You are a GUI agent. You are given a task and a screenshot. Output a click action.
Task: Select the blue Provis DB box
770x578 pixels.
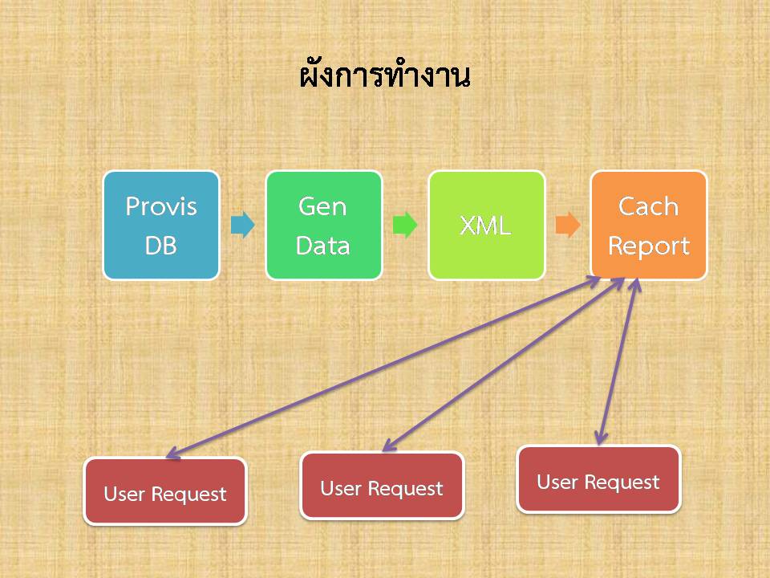[x=161, y=225]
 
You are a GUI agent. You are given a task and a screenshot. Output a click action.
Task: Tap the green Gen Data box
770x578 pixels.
[x=323, y=225]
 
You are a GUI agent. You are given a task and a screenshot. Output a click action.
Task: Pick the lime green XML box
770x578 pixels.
[x=487, y=225]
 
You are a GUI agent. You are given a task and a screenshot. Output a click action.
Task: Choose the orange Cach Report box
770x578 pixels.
[x=649, y=225]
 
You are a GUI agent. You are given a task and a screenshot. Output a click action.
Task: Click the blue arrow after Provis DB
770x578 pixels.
[x=242, y=225]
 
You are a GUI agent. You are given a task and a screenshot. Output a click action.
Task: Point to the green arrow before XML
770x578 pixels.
[x=405, y=225]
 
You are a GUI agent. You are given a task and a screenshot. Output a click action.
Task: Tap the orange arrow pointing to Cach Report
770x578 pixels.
[x=568, y=225]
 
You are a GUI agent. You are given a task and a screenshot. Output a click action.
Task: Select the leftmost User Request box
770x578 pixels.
[x=165, y=491]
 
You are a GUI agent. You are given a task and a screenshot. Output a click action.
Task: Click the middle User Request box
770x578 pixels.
[x=382, y=486]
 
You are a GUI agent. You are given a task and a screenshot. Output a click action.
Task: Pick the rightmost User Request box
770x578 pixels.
[x=598, y=479]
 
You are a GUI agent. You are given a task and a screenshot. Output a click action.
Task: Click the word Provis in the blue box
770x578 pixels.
[x=161, y=206]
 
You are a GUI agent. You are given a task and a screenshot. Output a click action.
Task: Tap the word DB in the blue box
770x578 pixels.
[x=160, y=246]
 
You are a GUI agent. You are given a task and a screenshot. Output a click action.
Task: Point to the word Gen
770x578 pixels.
[x=322, y=206]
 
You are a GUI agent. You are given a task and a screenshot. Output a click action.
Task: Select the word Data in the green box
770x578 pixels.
[x=322, y=246]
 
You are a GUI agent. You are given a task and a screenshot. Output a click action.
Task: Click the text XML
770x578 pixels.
[x=486, y=226]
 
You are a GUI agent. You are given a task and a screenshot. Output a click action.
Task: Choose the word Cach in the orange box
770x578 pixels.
[x=648, y=206]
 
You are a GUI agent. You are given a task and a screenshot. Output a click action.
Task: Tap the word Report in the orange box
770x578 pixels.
[x=649, y=246]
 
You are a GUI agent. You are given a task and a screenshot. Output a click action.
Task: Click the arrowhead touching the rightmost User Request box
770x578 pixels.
[x=601, y=438]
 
